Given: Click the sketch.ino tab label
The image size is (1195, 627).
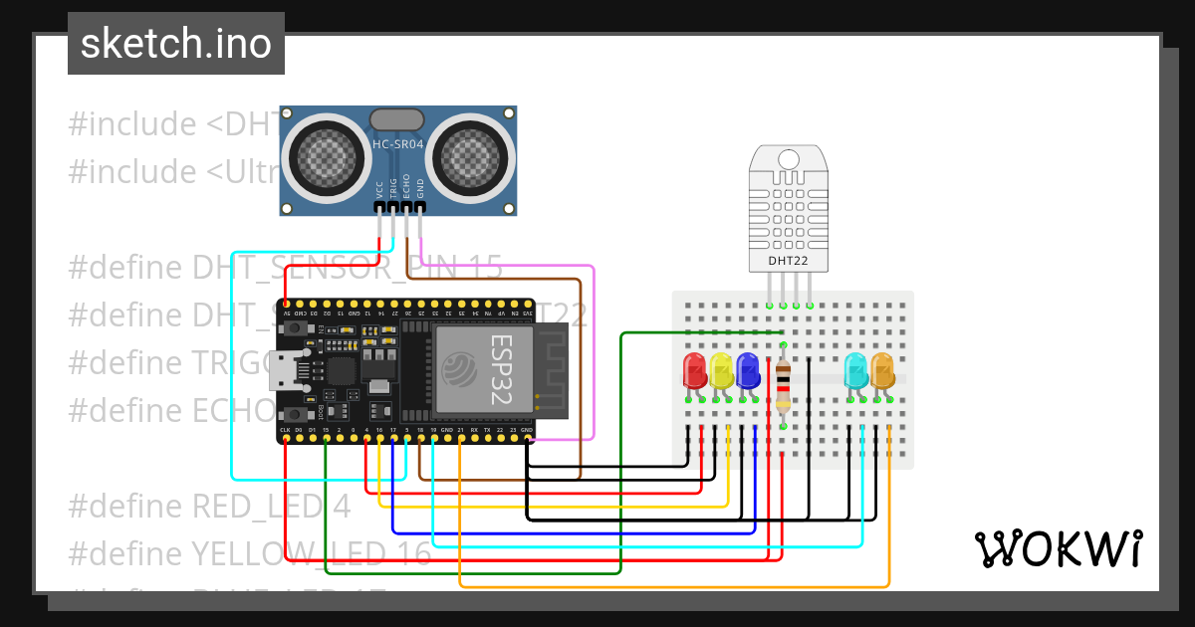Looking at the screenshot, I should click(x=176, y=44).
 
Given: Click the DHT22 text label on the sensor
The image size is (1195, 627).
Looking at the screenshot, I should click(x=788, y=262).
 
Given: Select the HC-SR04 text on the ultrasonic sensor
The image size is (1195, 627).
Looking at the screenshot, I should click(x=398, y=145).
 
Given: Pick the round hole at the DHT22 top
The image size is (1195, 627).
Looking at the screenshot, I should click(x=789, y=158).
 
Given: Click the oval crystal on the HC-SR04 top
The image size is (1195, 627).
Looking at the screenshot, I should click(x=396, y=119).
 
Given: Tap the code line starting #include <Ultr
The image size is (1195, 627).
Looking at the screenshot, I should click(x=174, y=171).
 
